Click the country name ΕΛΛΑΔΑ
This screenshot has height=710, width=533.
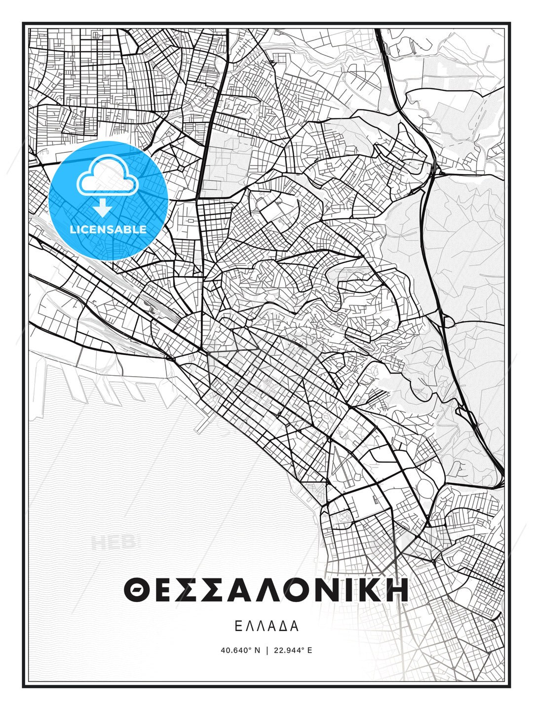(266, 626)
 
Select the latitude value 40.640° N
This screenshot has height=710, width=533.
(240, 650)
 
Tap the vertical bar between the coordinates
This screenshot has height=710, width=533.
(267, 650)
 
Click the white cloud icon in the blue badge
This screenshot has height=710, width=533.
(107, 177)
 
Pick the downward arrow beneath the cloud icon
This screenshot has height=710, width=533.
(103, 208)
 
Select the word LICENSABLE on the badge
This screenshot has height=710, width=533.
(108, 229)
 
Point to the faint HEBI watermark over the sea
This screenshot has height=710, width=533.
(114, 543)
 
